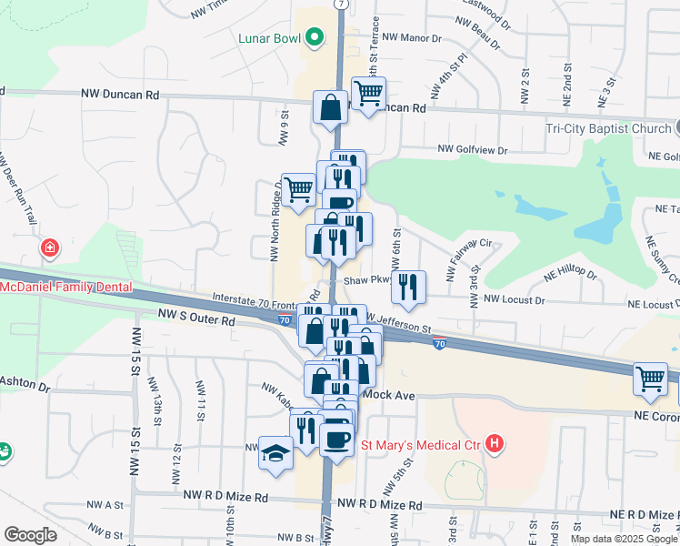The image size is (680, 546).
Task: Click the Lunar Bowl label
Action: click(269, 38)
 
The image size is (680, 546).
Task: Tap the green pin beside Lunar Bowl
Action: click(315, 38)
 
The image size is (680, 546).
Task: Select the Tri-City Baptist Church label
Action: click(608, 128)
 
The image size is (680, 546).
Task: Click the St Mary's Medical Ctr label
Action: click(422, 444)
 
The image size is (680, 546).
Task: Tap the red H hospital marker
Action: click(494, 444)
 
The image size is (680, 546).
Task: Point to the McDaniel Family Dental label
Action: click(65, 287)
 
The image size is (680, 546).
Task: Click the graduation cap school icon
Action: click(274, 451)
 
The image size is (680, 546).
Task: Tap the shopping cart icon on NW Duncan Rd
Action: click(368, 93)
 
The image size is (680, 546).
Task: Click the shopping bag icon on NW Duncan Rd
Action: click(330, 106)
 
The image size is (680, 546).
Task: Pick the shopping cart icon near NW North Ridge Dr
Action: click(298, 190)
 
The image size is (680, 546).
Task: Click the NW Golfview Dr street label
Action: click(472, 149)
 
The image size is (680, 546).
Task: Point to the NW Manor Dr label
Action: click(411, 38)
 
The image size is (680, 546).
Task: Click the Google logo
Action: click(30, 535)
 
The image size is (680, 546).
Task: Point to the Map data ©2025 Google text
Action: click(624, 539)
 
